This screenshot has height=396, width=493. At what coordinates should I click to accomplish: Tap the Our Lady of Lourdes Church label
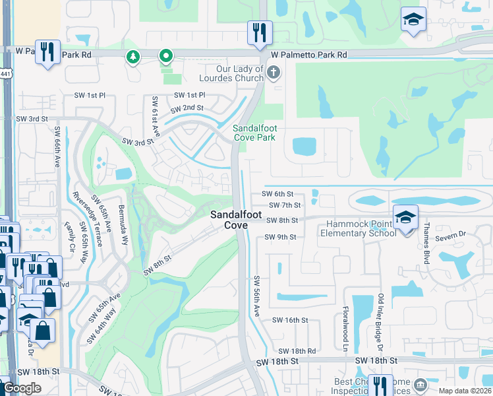(x=239, y=73)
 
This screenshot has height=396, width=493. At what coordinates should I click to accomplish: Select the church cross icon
(x=274, y=73)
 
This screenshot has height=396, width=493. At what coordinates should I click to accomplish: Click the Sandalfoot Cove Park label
(x=254, y=133)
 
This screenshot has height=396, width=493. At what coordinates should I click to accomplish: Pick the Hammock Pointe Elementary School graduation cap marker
(x=405, y=216)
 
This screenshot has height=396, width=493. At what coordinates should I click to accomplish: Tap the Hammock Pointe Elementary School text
(x=359, y=229)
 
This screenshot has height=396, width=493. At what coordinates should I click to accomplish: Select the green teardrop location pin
(x=166, y=57)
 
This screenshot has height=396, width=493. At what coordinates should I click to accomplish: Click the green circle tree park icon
(x=134, y=57)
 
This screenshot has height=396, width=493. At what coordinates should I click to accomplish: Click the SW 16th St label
(x=291, y=320)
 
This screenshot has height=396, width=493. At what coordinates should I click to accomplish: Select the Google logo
(x=22, y=388)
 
